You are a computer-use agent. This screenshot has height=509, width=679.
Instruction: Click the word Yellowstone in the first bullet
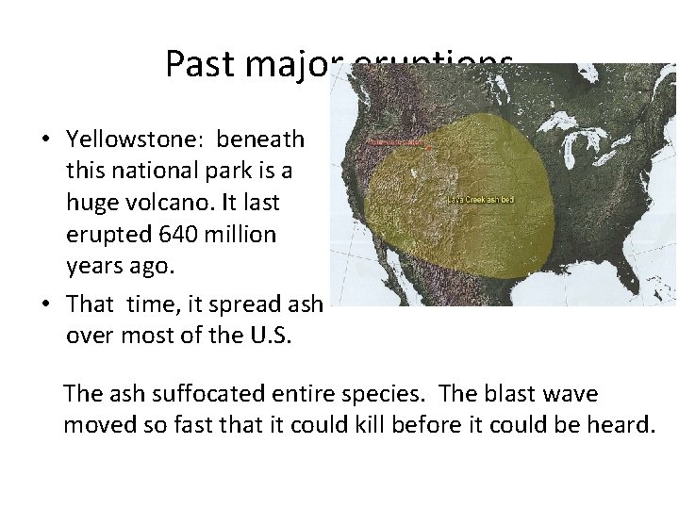(x=137, y=140)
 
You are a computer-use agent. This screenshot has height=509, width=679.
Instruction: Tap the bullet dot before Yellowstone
(x=45, y=140)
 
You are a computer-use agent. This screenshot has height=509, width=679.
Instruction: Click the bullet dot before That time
(x=45, y=304)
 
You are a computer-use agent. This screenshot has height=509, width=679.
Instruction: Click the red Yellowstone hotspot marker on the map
(x=430, y=149)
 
